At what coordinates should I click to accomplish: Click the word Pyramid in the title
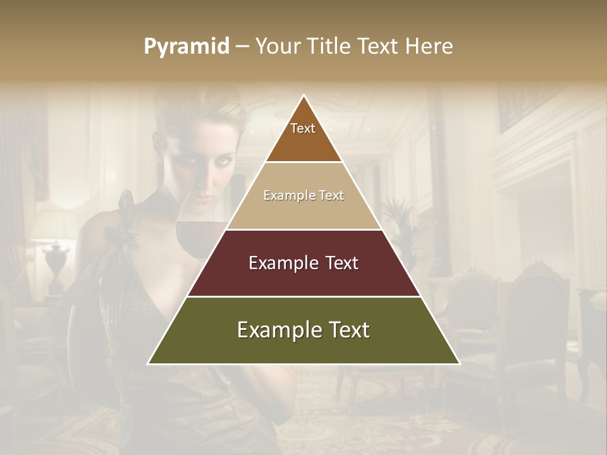[x=187, y=47]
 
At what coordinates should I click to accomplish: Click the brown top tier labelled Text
[x=303, y=136]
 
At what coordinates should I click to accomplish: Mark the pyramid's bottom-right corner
[x=459, y=363]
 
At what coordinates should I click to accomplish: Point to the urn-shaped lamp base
[x=56, y=262]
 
